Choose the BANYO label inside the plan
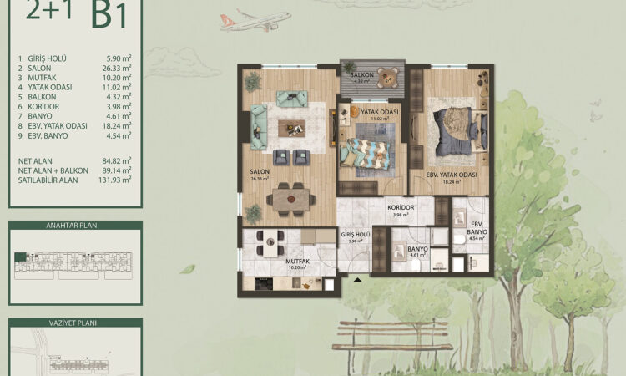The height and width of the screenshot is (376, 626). point(417,248)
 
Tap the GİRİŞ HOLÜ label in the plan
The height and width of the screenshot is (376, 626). point(354,236)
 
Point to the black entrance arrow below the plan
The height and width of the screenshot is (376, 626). point(358,281)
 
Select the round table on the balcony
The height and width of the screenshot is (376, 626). point(385,75)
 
